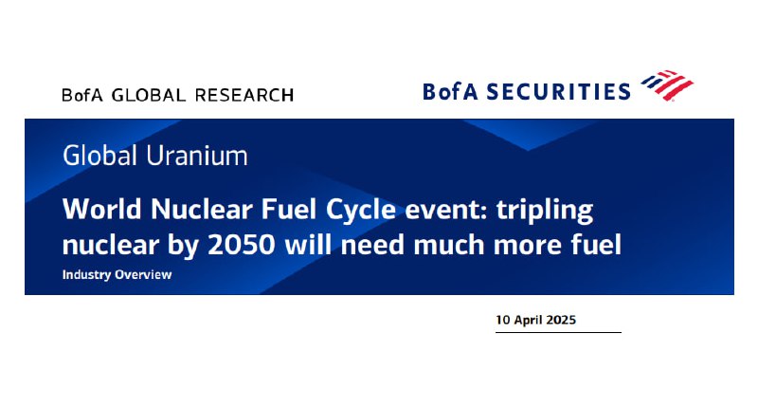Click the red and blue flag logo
[x=667, y=85]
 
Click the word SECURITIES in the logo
[x=558, y=91]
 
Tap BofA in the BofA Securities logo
[x=451, y=91]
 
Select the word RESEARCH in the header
[x=244, y=95]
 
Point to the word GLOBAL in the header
[x=149, y=95]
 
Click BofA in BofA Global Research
[x=82, y=95]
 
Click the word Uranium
[x=197, y=156]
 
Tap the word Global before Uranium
[x=100, y=156]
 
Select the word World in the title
[x=103, y=209]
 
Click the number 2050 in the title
[x=242, y=245]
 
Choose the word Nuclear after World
[x=202, y=209]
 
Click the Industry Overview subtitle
[x=117, y=274]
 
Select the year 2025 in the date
[x=561, y=320]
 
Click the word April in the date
[x=528, y=321]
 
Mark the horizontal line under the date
[x=558, y=332]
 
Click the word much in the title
[x=449, y=245]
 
